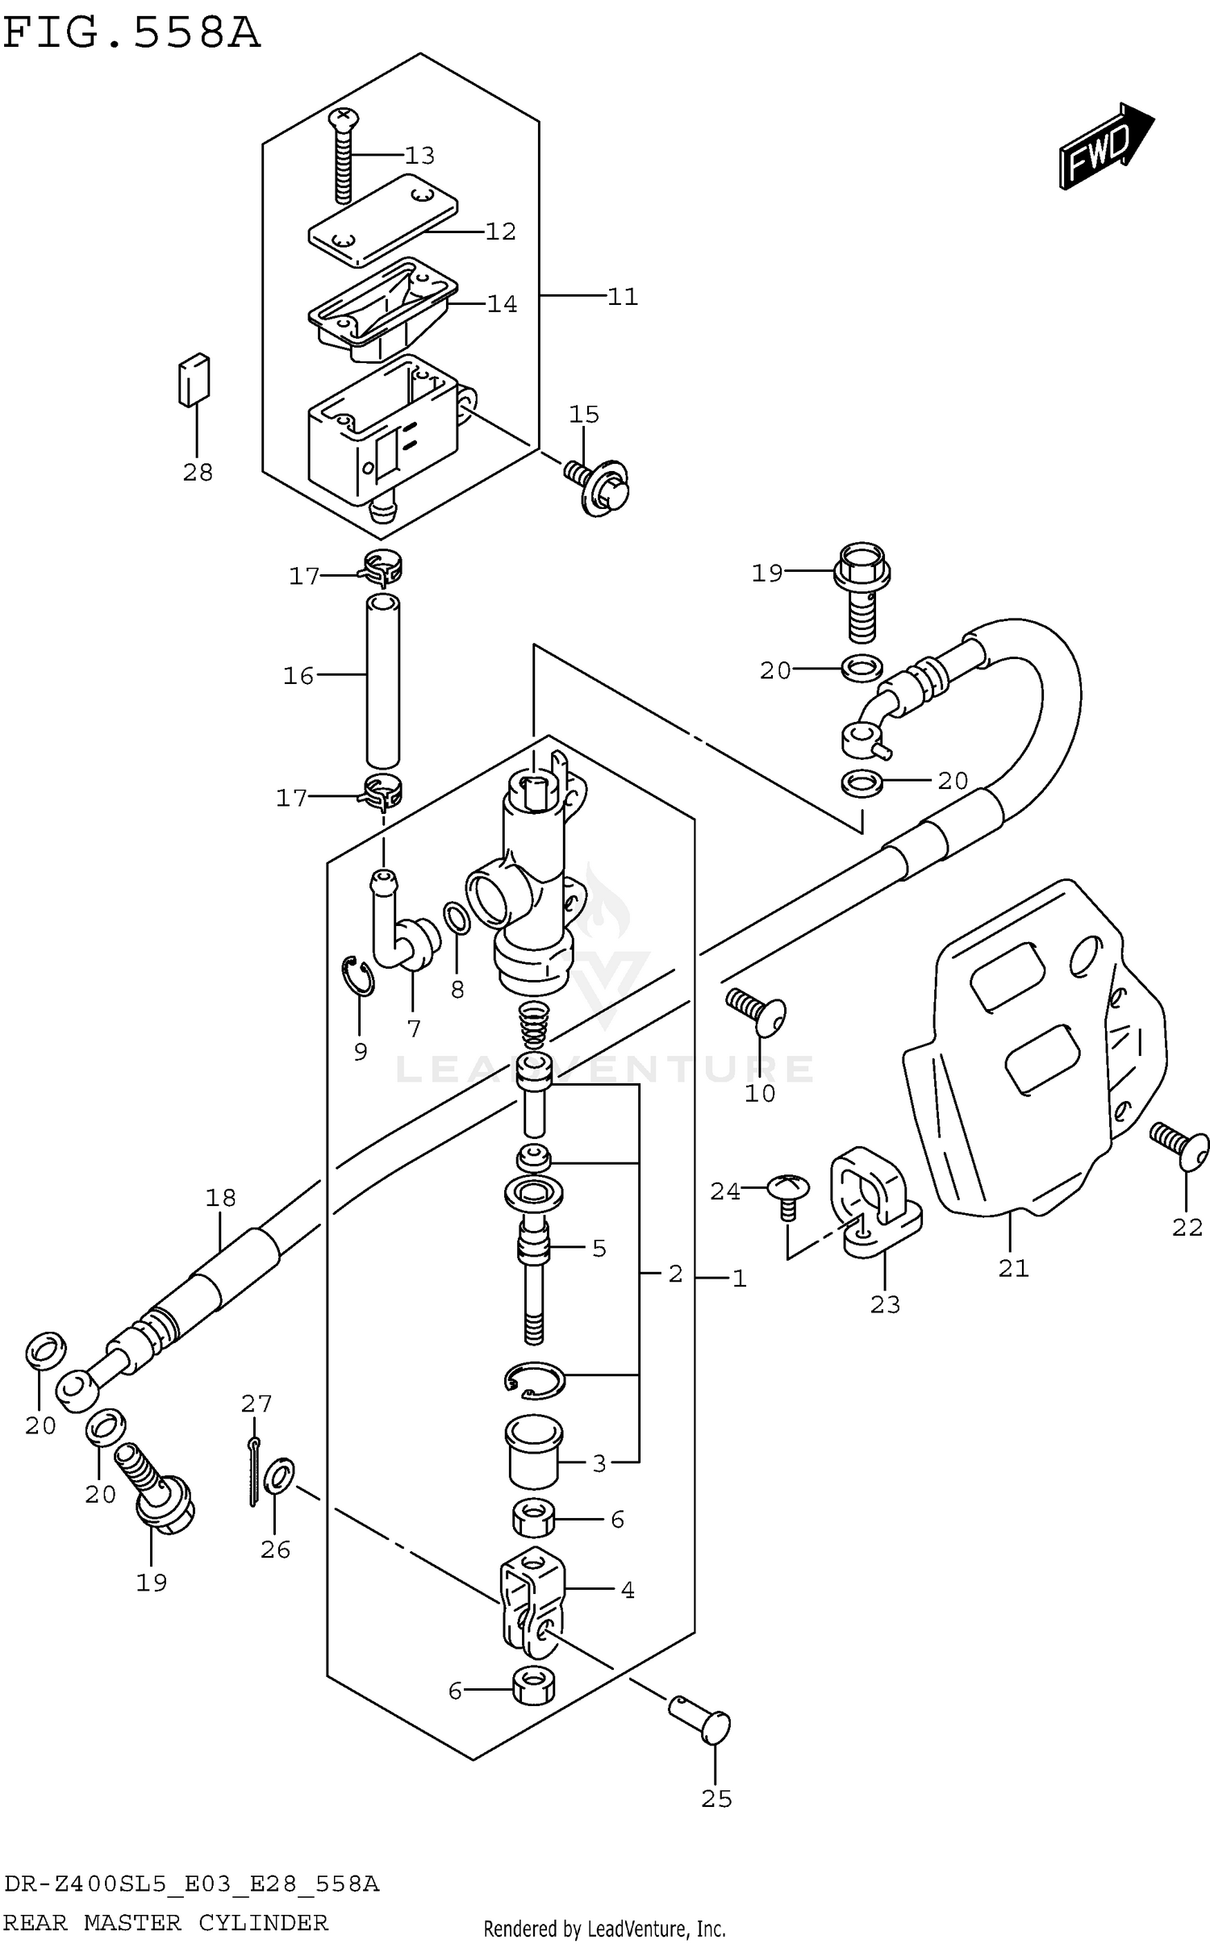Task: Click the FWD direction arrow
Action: click(1105, 148)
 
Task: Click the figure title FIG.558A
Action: click(131, 34)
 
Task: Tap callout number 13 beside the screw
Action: click(419, 155)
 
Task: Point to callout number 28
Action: click(198, 472)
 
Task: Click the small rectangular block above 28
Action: click(194, 379)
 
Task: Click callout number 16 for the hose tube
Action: click(298, 675)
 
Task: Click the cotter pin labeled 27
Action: click(253, 1472)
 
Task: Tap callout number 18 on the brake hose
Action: click(220, 1198)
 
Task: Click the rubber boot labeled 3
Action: click(533, 1452)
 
